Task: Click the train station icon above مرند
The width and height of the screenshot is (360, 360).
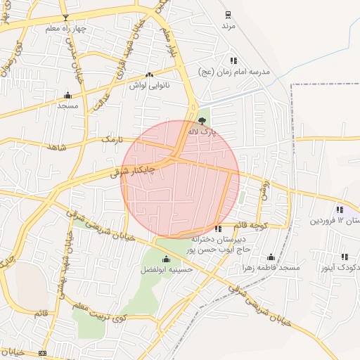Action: pos(227,14)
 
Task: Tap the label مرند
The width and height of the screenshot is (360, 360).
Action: pos(227,25)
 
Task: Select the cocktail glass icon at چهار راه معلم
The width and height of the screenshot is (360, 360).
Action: pos(65,17)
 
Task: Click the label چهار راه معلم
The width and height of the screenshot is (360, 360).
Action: pos(65,29)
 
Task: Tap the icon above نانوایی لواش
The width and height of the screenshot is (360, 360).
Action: pos(148,75)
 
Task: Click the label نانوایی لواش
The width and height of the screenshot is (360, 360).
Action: pos(148,85)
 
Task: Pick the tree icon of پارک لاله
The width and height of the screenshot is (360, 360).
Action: pos(203,120)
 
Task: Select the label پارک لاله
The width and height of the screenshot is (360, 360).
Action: pos(203,131)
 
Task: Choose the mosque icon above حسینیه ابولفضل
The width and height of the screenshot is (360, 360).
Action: pos(166,259)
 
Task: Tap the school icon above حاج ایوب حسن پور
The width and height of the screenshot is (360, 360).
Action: pos(218,229)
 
